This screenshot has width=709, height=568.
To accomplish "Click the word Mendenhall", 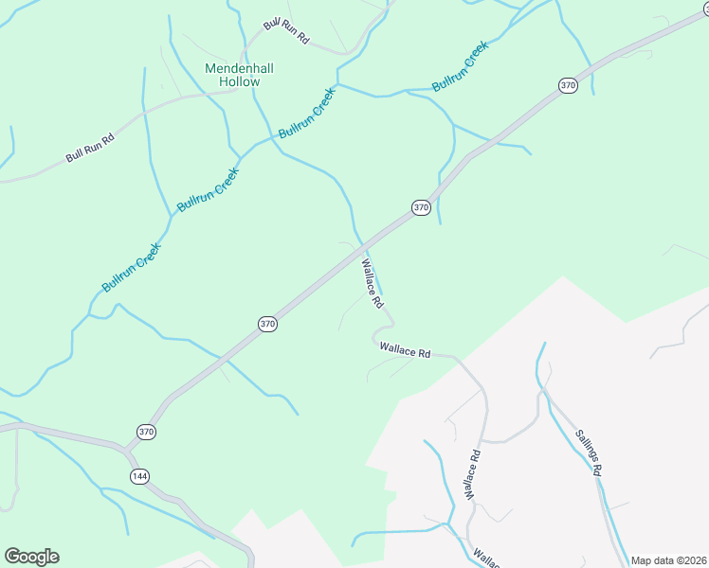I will click(232, 68).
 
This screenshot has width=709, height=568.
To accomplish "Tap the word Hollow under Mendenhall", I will click(239, 82).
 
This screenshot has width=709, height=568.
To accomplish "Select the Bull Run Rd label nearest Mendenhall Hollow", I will click(287, 30).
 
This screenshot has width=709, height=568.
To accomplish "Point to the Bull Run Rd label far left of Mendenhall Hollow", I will click(90, 148).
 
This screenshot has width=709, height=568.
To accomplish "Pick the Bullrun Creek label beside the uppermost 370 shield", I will click(460, 66).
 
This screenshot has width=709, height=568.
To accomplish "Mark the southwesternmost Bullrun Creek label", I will click(133, 268).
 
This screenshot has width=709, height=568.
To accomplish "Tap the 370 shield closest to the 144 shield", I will click(146, 432).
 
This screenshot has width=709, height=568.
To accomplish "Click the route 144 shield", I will click(140, 476).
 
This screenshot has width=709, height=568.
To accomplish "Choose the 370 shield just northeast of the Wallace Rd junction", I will click(422, 207).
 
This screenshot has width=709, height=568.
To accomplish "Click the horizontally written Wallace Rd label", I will click(405, 350).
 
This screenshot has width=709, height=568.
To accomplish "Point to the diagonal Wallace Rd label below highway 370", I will click(371, 285).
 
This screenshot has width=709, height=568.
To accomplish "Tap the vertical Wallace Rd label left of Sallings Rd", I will click(473, 474).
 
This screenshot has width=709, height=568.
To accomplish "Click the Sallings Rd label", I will click(589, 452).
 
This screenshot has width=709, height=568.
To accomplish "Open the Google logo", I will click(31, 557).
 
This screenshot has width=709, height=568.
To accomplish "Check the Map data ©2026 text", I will click(668, 560).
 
